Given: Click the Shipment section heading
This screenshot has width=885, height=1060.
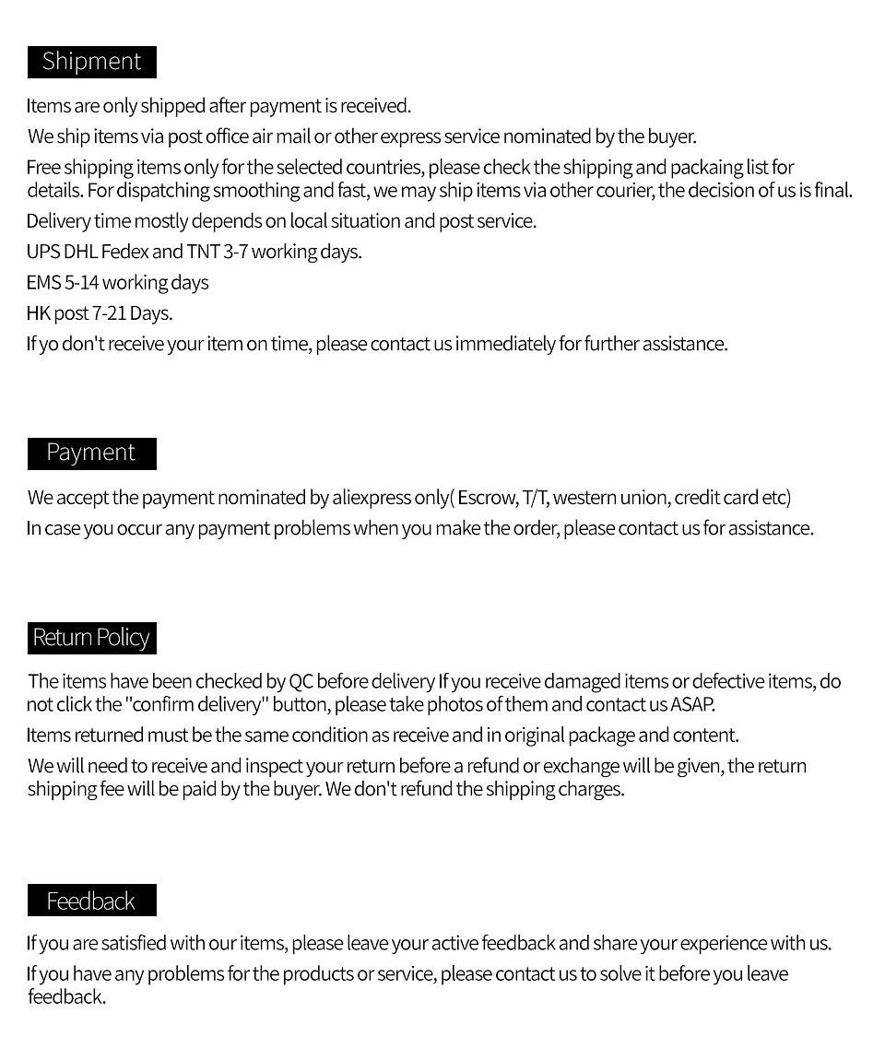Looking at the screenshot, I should [91, 62].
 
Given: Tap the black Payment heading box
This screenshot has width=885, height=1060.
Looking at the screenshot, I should [91, 453].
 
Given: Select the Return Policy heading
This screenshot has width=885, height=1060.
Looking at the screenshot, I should [91, 638].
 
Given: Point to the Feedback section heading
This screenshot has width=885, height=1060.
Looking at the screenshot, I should [91, 901].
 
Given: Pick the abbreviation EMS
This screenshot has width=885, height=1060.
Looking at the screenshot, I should [43, 283].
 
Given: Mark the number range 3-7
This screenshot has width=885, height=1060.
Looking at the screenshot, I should [236, 252].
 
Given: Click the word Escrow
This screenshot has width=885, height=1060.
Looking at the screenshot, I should [487, 498].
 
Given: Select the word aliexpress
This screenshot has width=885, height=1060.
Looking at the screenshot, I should [372, 498].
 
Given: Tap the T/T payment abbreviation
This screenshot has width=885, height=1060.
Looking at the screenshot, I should [536, 498].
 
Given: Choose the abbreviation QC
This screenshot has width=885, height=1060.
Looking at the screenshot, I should [301, 682].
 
